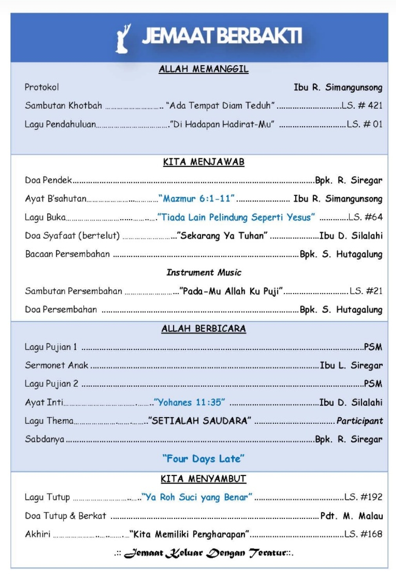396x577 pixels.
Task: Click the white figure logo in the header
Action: (123, 38)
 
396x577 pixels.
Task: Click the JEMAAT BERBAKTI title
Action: (222, 36)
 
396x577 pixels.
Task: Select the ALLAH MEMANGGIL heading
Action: (203, 69)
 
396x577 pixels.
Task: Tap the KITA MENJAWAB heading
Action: (203, 162)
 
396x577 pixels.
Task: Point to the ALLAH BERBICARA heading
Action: (203, 329)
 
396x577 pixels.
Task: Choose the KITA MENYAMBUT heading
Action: (203, 479)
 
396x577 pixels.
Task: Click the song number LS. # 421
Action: (362, 106)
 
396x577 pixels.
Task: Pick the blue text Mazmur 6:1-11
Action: (197, 199)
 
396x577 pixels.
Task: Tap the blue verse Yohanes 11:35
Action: (189, 402)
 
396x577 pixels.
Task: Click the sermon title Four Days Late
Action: (203, 459)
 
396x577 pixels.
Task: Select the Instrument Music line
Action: (204, 273)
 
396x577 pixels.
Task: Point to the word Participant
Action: (359, 421)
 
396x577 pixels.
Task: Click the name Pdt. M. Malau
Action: (351, 516)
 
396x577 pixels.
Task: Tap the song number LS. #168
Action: (363, 534)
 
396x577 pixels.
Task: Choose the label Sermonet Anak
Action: (57, 365)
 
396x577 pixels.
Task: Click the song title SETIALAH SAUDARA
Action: (200, 421)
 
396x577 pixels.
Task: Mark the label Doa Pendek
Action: (48, 180)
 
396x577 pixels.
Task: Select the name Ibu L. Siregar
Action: (351, 365)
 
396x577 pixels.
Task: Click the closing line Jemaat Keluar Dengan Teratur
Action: (204, 553)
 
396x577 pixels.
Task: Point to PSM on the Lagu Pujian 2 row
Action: (373, 384)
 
